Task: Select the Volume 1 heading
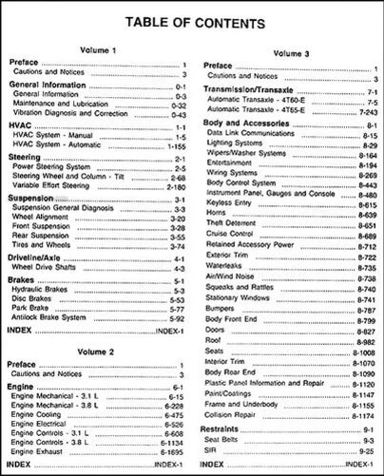pyautogui.click(x=98, y=49)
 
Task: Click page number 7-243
pyautogui.click(x=358, y=112)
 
